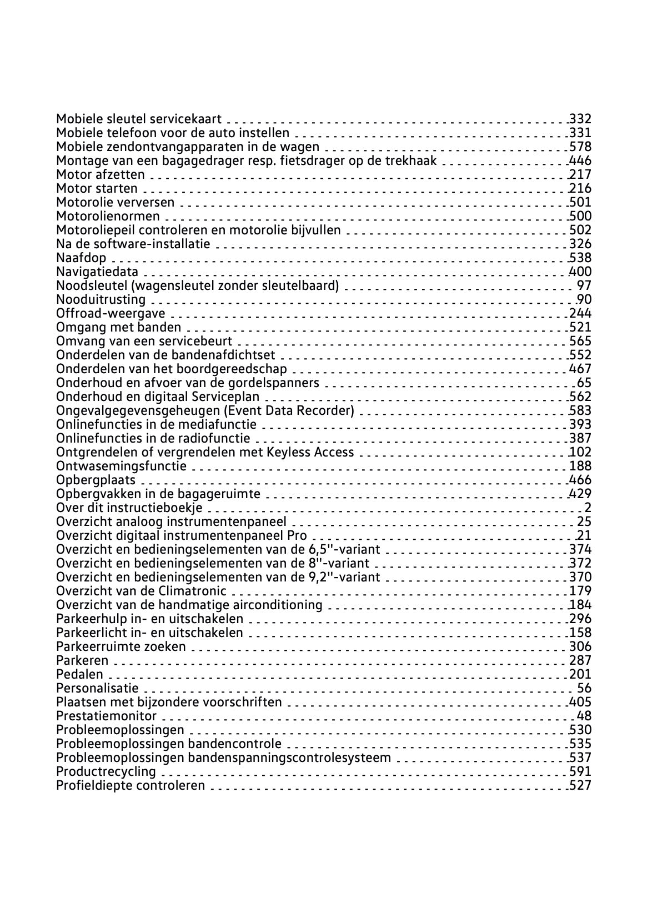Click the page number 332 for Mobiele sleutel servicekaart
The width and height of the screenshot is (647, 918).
pos(580,119)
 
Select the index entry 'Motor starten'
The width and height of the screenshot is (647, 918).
pos(97,188)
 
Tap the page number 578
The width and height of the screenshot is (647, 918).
pos(580,147)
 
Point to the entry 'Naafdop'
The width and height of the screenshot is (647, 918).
pos(81,258)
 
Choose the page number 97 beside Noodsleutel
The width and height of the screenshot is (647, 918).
pos(584,285)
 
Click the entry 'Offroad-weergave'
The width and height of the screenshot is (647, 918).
pos(111,313)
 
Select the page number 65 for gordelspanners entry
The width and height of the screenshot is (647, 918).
pos(584,383)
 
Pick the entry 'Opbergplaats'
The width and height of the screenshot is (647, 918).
pos(96,480)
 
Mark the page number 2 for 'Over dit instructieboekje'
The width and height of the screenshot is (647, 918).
pos(588,508)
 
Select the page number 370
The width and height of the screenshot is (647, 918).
pos(580,577)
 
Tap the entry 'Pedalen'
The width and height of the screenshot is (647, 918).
pos(79,674)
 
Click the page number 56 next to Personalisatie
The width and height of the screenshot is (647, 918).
pos(584,688)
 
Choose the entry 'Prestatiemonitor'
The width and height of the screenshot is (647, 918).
pos(106,716)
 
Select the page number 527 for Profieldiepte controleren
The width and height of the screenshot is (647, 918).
pos(580,785)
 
